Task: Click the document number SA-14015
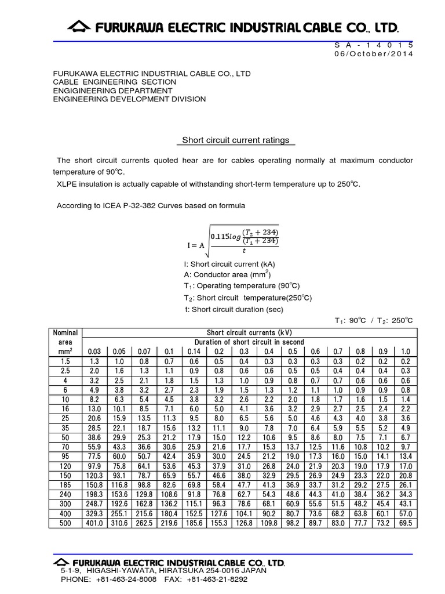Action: pos(374,45)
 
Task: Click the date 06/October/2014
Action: pos(374,53)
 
